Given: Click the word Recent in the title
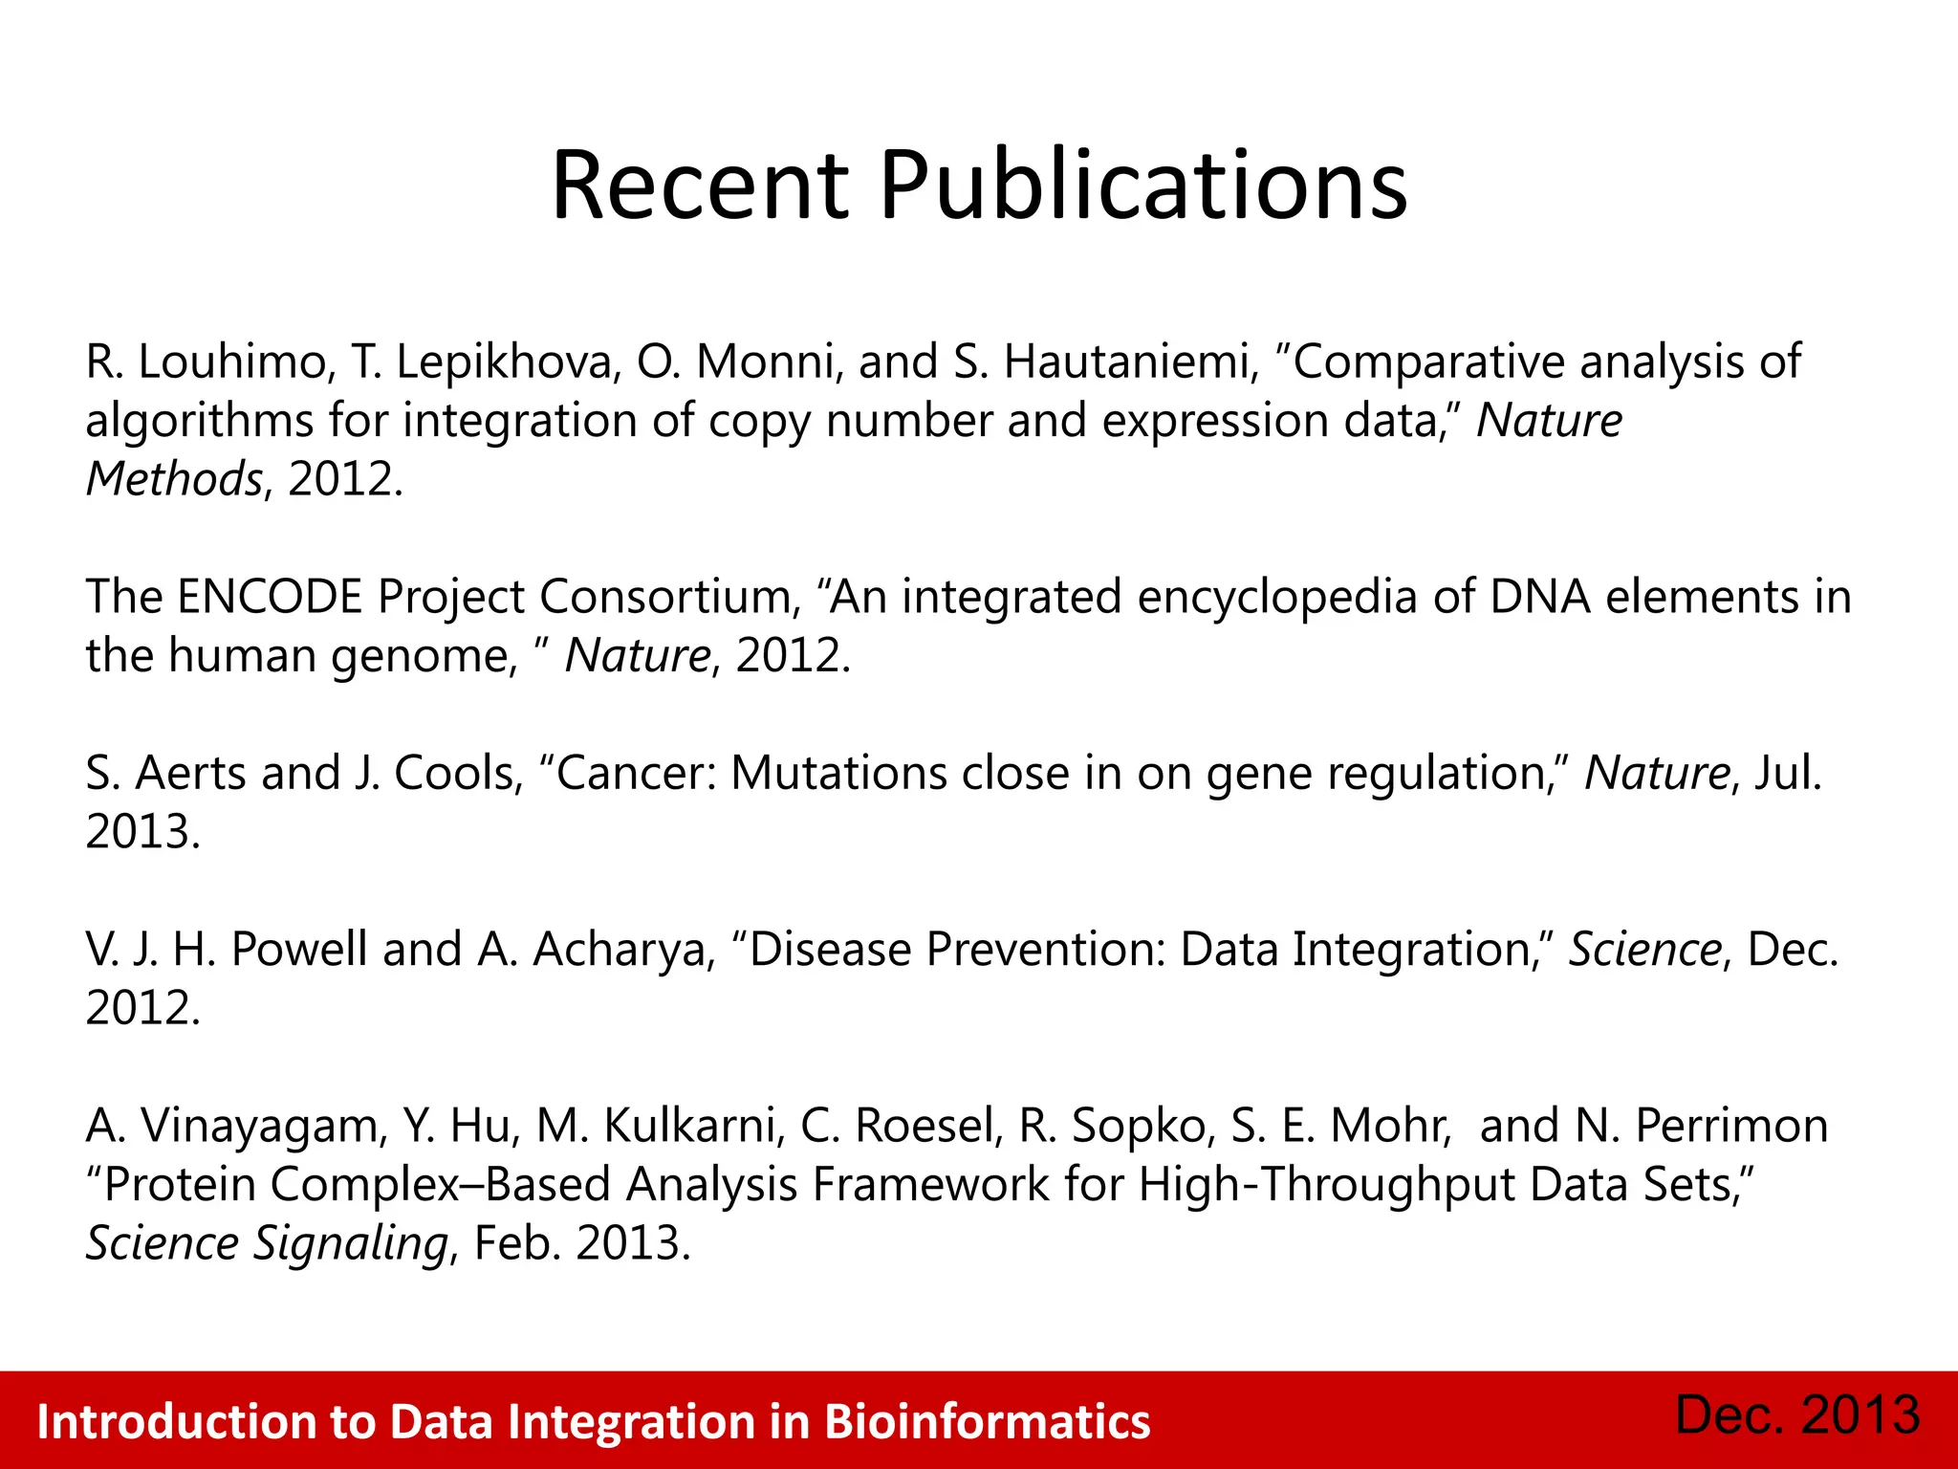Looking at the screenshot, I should [700, 186].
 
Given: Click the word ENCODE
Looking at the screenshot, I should [270, 598].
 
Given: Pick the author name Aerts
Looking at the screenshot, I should [190, 774].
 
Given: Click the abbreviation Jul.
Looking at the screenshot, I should [1788, 774].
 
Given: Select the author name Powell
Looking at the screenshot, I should [299, 950].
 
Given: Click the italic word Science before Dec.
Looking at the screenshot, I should [1644, 950].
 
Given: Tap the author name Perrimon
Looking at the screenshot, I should [1731, 1127].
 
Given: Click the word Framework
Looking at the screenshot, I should [930, 1185].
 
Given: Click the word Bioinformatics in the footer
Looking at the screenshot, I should [987, 1422].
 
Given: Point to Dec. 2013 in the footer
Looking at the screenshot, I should [1797, 1415].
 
